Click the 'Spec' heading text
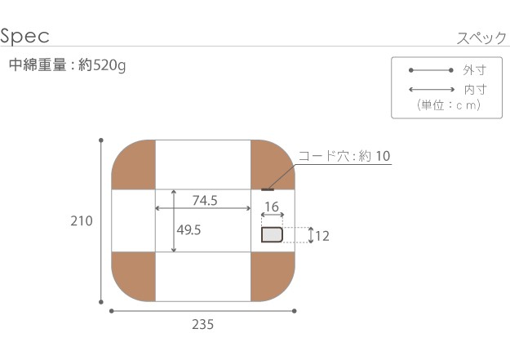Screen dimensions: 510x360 click(24, 35)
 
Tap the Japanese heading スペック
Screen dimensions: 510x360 click(481, 38)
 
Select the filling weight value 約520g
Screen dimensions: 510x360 click(102, 65)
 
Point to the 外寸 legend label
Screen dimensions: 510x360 click(475, 70)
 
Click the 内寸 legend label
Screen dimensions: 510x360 click(475, 90)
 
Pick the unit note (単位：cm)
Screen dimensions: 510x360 click(449, 105)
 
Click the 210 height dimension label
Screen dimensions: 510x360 click(82, 221)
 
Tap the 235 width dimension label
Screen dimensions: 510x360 click(202, 325)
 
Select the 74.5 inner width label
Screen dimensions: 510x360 click(205, 201)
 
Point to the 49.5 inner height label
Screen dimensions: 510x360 click(188, 230)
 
